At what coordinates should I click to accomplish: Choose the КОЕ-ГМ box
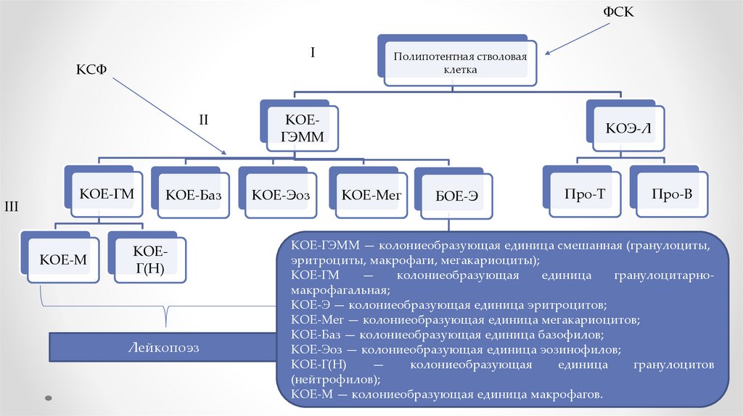(107, 194)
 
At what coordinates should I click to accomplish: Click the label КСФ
(92, 70)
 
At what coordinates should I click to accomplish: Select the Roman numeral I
(312, 52)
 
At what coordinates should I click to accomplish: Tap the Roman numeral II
(204, 120)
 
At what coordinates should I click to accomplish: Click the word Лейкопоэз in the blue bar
(163, 348)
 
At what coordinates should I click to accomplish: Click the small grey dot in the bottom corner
(49, 398)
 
